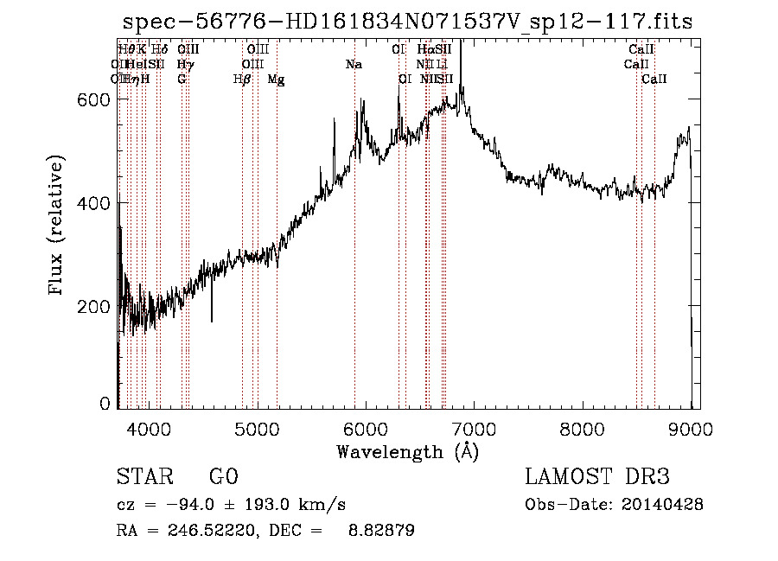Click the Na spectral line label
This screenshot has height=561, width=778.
tap(353, 65)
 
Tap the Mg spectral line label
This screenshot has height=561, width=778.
tap(276, 80)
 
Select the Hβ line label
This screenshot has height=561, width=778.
tap(242, 80)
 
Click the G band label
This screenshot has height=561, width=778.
tap(182, 80)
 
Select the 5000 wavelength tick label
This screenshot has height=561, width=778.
tap(257, 427)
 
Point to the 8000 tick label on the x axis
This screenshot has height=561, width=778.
tap(583, 427)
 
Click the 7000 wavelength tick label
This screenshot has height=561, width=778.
tap(474, 427)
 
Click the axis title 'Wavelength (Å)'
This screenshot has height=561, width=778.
tap(407, 450)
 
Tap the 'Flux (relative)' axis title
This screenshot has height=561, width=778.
tap(58, 226)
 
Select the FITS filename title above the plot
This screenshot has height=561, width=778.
tap(407, 21)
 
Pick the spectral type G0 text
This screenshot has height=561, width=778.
tap(223, 477)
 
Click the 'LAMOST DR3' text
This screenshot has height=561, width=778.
tap(597, 477)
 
